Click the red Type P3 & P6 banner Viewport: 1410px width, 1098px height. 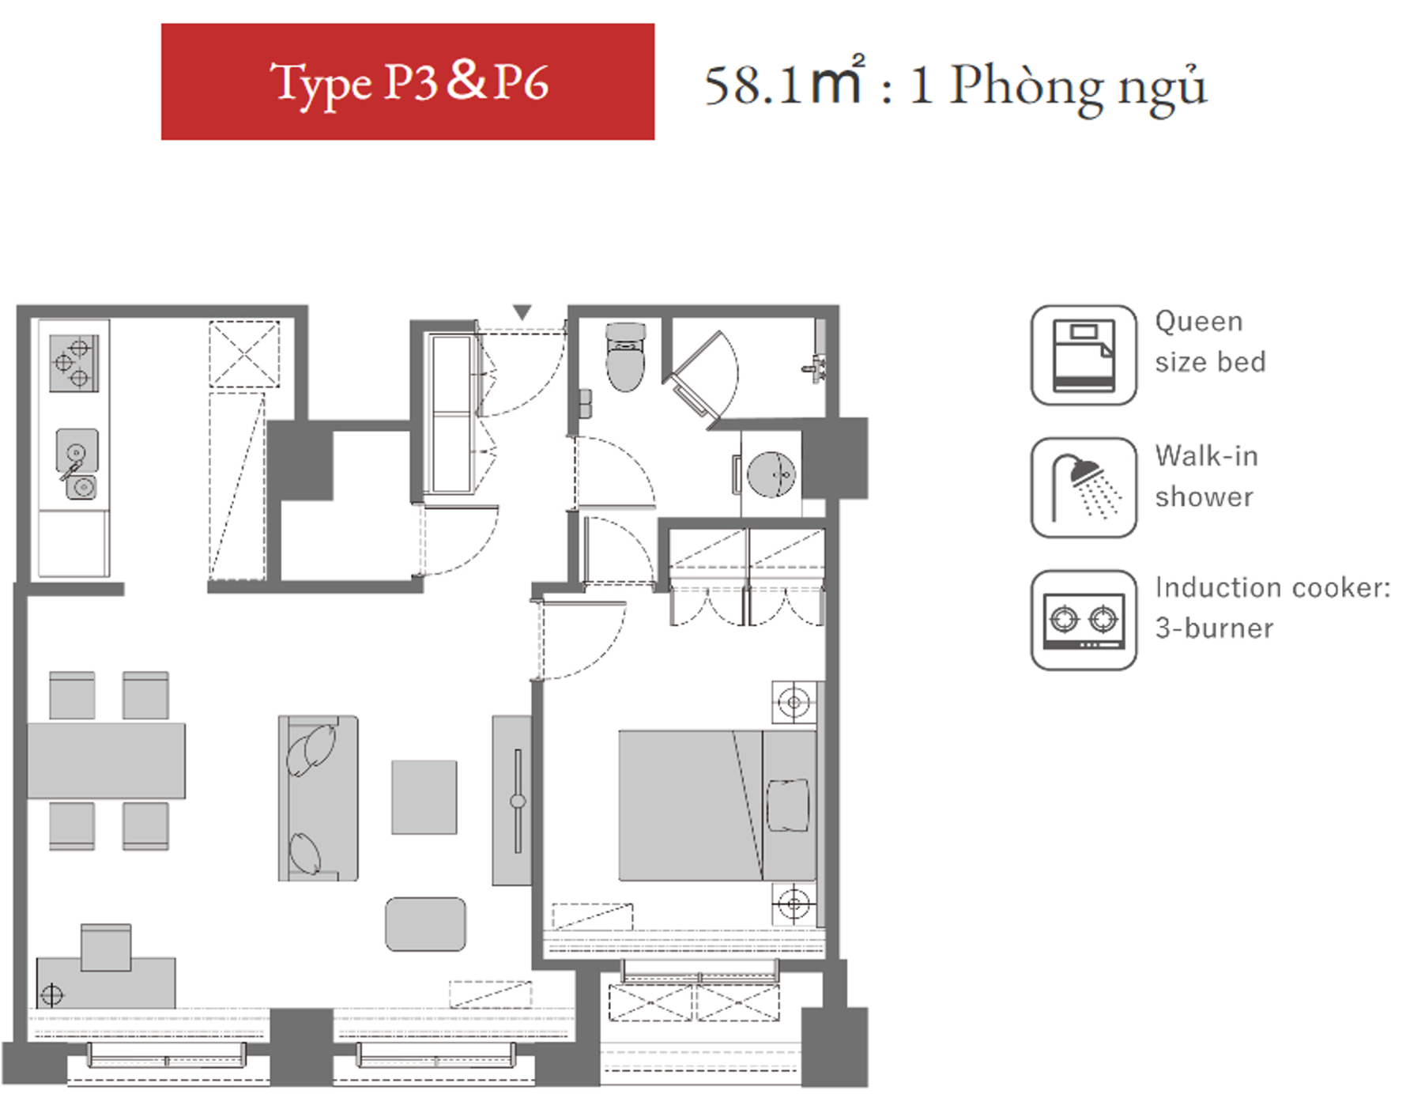[407, 81]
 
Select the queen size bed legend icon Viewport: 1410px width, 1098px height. [1084, 355]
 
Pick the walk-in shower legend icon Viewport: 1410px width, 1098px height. [1084, 488]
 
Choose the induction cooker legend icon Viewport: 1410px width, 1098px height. [1084, 621]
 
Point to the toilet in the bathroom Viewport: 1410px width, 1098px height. [625, 357]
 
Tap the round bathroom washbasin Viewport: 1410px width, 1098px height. [771, 474]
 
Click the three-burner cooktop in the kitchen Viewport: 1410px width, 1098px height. [74, 363]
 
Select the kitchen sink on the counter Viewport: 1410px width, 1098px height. [77, 465]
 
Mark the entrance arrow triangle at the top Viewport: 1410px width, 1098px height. [522, 313]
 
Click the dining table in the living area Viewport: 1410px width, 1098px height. [107, 760]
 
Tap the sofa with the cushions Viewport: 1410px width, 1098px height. [318, 798]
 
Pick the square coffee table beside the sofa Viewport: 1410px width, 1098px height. [424, 797]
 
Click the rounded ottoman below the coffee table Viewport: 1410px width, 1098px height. [425, 924]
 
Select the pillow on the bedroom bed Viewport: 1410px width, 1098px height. [788, 805]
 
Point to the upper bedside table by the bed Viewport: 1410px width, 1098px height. [794, 702]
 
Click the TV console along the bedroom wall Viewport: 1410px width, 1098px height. [512, 801]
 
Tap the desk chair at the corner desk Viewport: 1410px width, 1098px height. [106, 947]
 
